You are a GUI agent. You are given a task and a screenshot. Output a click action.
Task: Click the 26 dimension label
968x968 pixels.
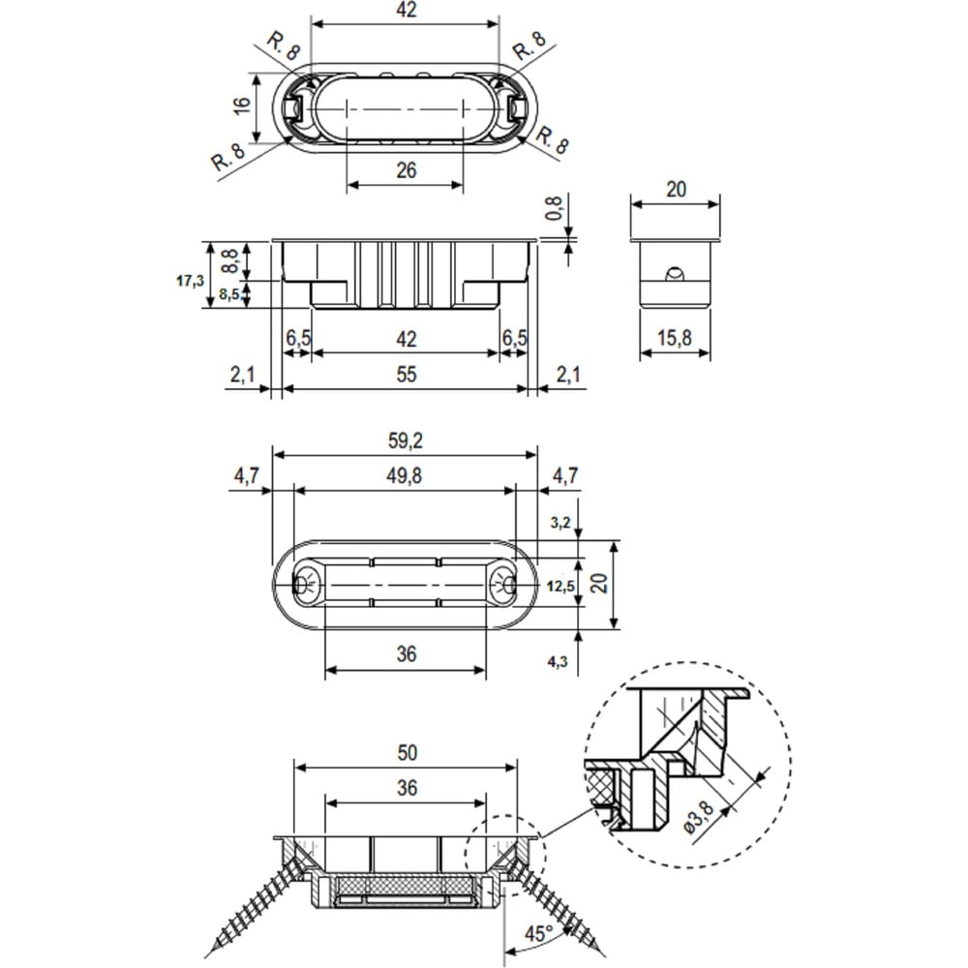coord(407,169)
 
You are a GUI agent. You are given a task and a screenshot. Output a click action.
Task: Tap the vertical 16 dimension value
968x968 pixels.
coord(242,105)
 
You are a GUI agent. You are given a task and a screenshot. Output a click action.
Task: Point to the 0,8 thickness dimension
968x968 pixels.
coord(554,208)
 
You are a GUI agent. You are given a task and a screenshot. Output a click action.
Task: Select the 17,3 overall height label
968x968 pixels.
coord(190,281)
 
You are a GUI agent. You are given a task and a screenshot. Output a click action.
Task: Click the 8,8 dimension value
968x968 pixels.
coord(229,260)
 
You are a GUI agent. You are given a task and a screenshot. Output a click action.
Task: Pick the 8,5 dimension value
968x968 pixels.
coord(229,294)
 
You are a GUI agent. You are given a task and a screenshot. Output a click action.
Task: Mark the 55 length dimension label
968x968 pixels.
coord(407,374)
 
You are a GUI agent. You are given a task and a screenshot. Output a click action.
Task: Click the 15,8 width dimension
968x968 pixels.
coord(674,338)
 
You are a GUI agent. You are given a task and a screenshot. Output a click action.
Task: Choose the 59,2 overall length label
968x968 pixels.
coord(405,440)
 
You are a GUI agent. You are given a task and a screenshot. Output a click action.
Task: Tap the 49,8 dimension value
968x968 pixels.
coord(405,475)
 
